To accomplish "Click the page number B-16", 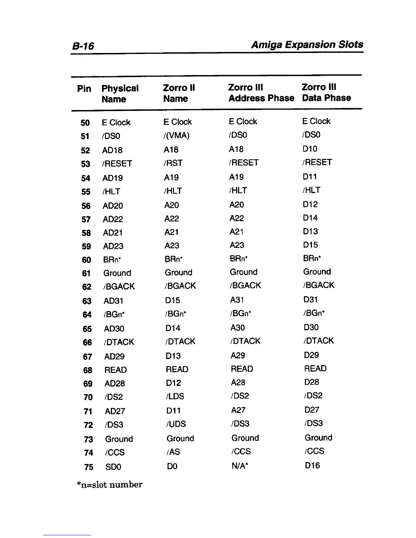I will pos(83,46).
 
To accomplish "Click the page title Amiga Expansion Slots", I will pos(307,44).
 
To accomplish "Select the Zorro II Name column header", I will pos(179,93).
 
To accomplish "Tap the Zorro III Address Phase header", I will pos(261,93).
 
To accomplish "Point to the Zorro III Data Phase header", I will pos(326,92).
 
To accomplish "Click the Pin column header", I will pos(84,89).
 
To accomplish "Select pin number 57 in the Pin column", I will pos(86,219).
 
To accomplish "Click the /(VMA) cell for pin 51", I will pos(176,136).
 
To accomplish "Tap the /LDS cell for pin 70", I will pos(175,396).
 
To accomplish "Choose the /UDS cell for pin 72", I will pos(176,424).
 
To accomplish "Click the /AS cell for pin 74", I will pos(173,452).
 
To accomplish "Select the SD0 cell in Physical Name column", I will pos(113,467).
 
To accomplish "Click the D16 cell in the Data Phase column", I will pos(312,465).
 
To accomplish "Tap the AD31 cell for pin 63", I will pos(114,301).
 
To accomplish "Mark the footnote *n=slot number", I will pos(110,484).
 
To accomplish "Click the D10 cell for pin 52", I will pos(310,149).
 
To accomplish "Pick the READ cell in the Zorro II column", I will pos(177,369).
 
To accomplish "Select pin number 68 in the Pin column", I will pos(88,370).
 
